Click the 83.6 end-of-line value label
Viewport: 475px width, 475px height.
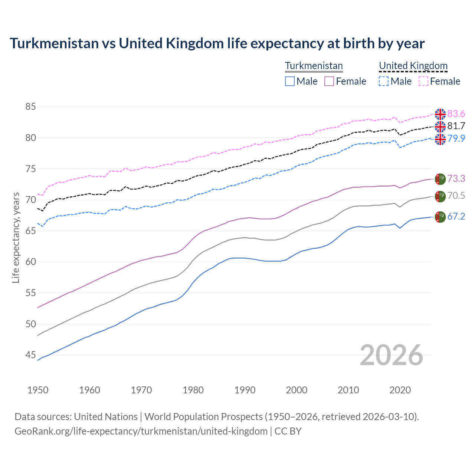click(x=456, y=114)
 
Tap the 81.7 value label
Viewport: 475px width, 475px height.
click(x=456, y=126)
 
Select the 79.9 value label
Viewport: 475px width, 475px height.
click(x=456, y=138)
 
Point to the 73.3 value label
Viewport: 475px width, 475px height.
click(x=456, y=178)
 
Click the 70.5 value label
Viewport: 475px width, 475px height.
click(x=456, y=196)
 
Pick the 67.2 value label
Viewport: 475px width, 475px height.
click(x=456, y=216)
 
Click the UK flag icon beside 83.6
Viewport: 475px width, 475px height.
click(x=440, y=114)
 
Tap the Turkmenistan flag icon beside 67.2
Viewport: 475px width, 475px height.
click(x=440, y=217)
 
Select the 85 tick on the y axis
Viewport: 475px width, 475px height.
click(x=30, y=107)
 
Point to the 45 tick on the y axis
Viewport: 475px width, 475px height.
click(x=30, y=355)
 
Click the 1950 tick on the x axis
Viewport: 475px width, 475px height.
click(x=38, y=390)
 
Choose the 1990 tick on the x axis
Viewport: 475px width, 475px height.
click(x=245, y=390)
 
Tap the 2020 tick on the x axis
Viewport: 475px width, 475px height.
click(x=400, y=390)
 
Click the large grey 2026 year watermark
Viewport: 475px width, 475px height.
click(x=392, y=355)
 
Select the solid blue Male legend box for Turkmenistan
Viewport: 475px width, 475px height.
click(x=290, y=81)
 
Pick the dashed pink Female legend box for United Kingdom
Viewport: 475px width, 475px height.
click(x=423, y=81)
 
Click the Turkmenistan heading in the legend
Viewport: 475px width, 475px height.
click(x=314, y=66)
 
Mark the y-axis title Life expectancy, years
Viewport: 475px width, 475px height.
click(x=16, y=237)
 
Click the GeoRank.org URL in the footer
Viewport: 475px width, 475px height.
click(x=141, y=431)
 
